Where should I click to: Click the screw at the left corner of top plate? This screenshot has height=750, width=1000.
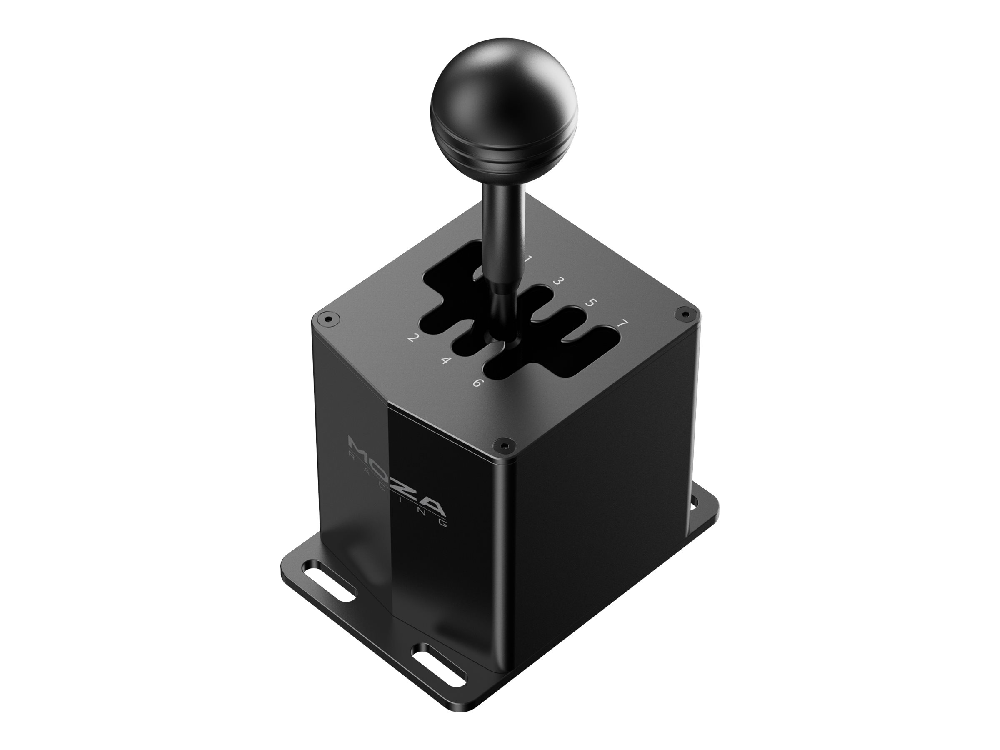pyautogui.click(x=328, y=319)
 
